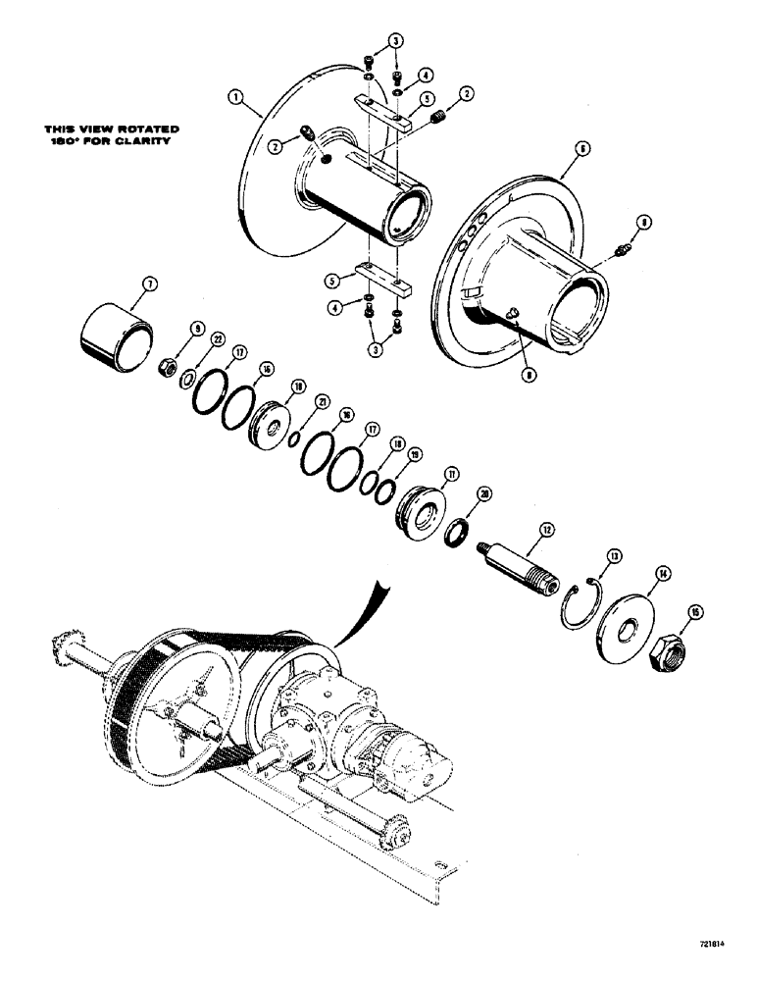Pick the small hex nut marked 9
168,367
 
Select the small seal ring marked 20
457,536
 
